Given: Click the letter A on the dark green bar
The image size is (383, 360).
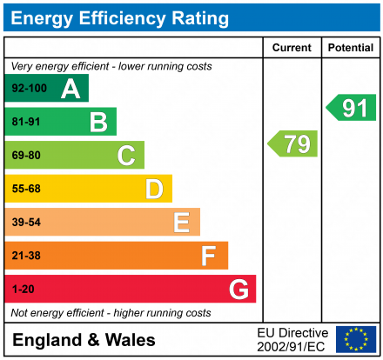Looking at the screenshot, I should (71, 89).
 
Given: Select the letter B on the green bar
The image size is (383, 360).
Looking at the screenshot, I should (98, 122).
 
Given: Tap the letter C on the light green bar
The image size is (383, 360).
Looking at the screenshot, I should (126, 156).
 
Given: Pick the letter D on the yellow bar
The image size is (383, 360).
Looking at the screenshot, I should (154, 189).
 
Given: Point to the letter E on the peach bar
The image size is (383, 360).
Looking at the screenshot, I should (181, 223).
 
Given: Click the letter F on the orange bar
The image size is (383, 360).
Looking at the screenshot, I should (209, 256).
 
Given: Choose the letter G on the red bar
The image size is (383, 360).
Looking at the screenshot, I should (238, 289).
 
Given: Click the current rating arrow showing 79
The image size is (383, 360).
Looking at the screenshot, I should (293, 143).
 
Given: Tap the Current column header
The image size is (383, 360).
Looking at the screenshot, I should (292, 48).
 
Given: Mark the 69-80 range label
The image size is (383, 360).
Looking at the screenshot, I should (26, 156).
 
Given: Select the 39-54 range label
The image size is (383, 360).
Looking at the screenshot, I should (26, 223).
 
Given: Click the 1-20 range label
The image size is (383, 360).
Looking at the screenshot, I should (23, 289).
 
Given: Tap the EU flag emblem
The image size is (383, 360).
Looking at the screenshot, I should (356, 339).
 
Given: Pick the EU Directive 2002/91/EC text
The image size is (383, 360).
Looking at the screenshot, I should (292, 339).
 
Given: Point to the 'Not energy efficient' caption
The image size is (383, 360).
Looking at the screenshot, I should (110, 312).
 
